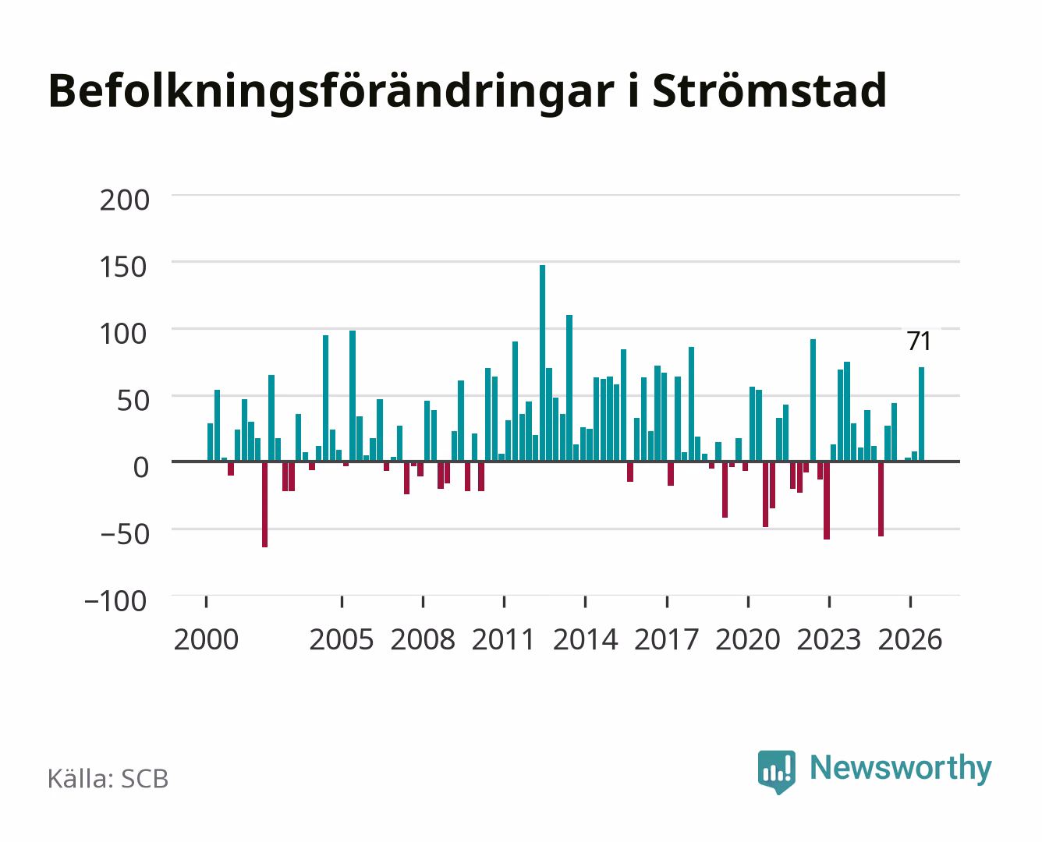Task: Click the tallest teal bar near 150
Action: (543, 363)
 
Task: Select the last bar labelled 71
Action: (922, 414)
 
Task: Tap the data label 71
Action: (920, 341)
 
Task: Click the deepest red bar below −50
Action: (264, 504)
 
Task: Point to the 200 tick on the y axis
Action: (124, 200)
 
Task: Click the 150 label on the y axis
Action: (123, 267)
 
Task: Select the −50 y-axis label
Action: (125, 534)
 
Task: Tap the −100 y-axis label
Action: (115, 601)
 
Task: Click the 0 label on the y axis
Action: (141, 467)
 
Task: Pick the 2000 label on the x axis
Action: (206, 639)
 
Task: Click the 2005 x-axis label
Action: (342, 639)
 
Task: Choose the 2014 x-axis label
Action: (586, 639)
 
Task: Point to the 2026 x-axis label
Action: (910, 639)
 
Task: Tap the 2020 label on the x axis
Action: (748, 639)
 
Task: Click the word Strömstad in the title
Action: (770, 91)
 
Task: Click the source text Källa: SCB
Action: (108, 779)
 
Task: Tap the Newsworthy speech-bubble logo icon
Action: (776, 772)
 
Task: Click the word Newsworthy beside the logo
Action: (901, 769)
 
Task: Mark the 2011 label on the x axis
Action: (504, 639)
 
